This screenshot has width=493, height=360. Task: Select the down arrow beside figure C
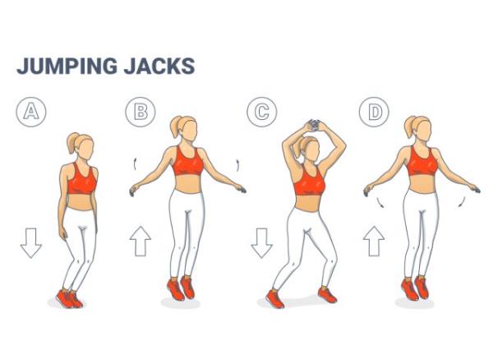point(261,243)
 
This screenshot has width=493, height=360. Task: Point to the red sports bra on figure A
point(81,178)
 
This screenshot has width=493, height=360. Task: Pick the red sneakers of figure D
point(416,288)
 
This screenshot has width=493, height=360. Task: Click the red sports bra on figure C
point(310,181)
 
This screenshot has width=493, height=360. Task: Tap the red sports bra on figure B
point(188,162)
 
